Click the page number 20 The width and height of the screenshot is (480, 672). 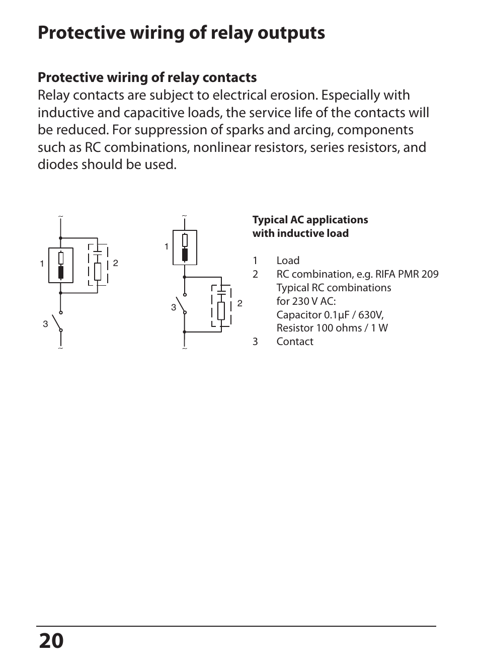point(51,641)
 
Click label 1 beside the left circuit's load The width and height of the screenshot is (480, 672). point(42,264)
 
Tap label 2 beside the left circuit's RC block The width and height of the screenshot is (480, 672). point(115,263)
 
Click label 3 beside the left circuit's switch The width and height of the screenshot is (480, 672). point(45,324)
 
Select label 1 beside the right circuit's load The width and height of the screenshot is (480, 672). point(167,246)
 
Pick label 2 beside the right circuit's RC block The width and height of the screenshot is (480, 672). point(240,303)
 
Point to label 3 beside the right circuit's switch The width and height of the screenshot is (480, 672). point(174,307)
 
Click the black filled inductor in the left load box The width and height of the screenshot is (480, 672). point(61,272)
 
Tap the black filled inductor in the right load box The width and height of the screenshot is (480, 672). point(185,254)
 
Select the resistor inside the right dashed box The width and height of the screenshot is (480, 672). point(221,311)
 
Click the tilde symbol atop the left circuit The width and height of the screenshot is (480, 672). point(60,217)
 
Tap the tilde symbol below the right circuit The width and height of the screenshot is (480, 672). point(185,349)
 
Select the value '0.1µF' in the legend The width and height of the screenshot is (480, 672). point(337,315)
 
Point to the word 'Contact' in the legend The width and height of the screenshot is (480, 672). point(295,342)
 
